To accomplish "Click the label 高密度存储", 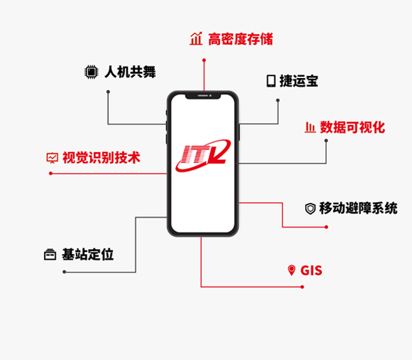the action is (x=241, y=39).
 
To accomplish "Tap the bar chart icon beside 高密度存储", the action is (x=196, y=38).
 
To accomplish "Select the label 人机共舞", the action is (x=131, y=72).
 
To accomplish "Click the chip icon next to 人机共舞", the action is (x=91, y=72).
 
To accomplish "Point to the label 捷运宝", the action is (x=299, y=81).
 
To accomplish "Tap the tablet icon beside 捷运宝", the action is (x=271, y=81).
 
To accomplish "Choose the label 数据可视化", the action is (x=353, y=128).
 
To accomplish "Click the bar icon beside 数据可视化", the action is (x=310, y=128).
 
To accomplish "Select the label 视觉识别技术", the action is (x=101, y=158).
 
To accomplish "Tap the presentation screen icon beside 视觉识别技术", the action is (x=52, y=158).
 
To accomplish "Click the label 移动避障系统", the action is (x=358, y=209).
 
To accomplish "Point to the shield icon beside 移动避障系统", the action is (x=310, y=209).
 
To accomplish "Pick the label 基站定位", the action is (x=88, y=255).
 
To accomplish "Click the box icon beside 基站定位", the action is (x=50, y=255).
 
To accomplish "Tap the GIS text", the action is (x=311, y=271).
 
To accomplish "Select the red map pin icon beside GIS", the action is (x=291, y=270).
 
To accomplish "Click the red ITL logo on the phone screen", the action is (x=203, y=156).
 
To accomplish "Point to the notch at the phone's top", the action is (x=203, y=96).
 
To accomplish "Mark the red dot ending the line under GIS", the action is (x=302, y=287).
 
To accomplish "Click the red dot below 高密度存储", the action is (x=204, y=61).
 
